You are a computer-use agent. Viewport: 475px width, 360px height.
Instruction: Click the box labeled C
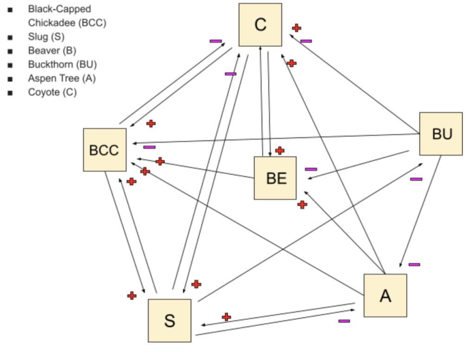point(260,25)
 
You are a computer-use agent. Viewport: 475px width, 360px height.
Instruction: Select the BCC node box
point(104,150)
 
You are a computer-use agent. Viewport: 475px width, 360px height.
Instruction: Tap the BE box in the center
point(276,178)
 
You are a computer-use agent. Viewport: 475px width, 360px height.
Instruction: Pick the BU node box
point(441,134)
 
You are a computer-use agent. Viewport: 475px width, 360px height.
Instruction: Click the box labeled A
point(385,296)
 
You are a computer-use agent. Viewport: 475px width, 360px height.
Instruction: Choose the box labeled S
point(169,320)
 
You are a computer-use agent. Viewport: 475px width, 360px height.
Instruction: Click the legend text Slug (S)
point(46,37)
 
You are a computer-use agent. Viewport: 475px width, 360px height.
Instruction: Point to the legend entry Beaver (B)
point(52,51)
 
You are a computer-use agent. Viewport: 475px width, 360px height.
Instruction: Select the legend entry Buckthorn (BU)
point(62,64)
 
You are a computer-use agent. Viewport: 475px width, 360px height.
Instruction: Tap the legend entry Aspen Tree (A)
point(62,78)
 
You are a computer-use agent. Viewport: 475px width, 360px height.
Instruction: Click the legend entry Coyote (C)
point(52,92)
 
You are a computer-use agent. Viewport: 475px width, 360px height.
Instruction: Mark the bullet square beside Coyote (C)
point(10,93)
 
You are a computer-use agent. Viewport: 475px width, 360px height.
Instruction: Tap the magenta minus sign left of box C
point(216,41)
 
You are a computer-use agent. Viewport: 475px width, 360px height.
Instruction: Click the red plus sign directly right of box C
point(297,28)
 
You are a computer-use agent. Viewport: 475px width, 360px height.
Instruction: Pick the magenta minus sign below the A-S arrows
point(344,321)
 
